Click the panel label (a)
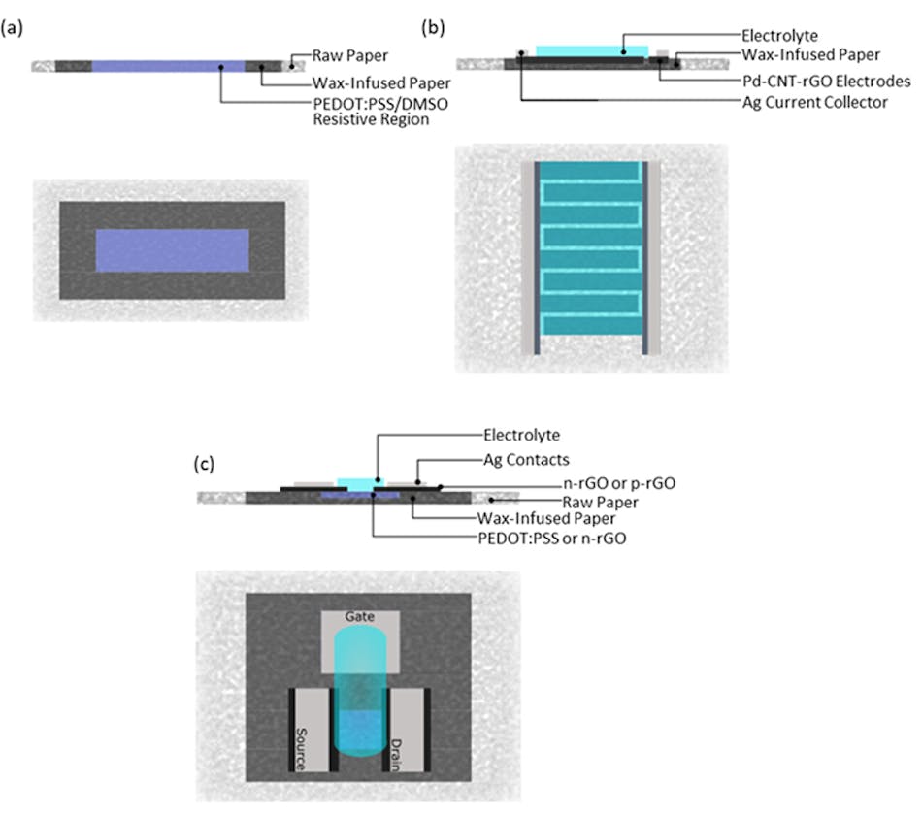(x=15, y=28)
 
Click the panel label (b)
(x=434, y=28)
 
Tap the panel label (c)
(x=205, y=465)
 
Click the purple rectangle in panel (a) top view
(x=172, y=250)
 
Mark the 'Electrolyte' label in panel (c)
(x=520, y=437)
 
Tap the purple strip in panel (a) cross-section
(x=168, y=66)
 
